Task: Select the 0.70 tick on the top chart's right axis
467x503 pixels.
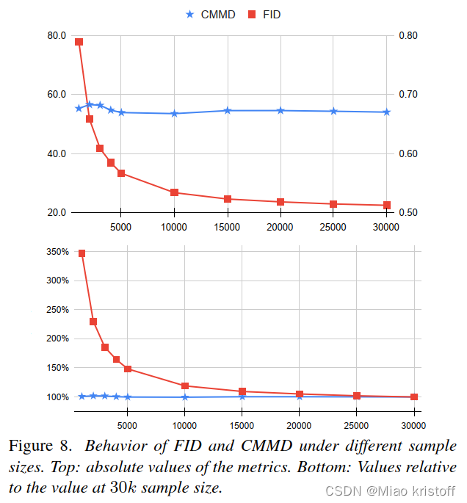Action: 408,95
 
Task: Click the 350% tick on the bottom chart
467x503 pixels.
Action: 57,252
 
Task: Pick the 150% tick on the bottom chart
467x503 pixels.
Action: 57,368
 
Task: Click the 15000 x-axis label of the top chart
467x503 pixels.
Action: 227,227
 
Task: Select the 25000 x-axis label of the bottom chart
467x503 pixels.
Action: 357,424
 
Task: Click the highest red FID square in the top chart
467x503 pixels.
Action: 79,42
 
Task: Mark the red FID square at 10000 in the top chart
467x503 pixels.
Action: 174,192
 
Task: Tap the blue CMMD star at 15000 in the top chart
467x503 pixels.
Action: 228,110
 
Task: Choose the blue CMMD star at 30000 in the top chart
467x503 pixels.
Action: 387,112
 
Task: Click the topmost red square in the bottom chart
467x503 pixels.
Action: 82,253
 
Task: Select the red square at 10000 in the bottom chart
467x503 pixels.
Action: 184,386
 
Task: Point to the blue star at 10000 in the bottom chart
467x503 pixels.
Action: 184,397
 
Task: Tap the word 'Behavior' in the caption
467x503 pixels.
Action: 112,446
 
